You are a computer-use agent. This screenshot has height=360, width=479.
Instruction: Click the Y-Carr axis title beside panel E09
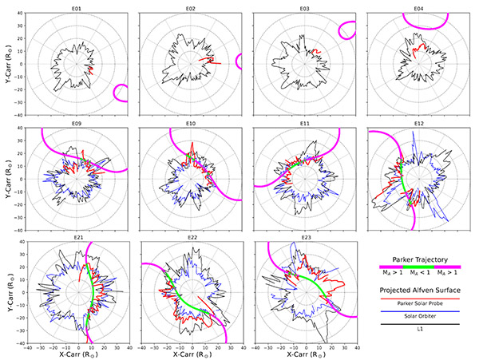tap(7, 178)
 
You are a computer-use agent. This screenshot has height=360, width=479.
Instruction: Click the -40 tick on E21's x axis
tap(28, 348)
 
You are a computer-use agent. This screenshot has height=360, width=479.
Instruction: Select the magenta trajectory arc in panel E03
tap(346, 30)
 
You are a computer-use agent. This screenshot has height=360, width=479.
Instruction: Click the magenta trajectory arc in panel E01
tap(120, 93)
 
